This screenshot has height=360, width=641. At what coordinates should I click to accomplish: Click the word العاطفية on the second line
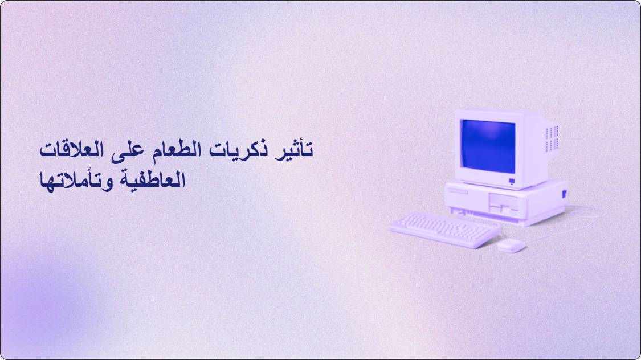(152, 180)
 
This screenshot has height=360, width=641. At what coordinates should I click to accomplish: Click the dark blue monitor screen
(488, 146)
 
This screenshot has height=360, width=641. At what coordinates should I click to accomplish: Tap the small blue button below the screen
(512, 181)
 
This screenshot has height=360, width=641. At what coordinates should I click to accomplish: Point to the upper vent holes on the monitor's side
(552, 132)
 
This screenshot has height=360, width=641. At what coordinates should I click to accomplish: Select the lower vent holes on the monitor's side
(552, 145)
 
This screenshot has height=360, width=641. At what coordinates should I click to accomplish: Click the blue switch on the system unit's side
(565, 194)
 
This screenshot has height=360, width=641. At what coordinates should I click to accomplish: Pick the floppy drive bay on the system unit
(504, 203)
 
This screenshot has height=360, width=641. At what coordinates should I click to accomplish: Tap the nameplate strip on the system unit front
(458, 191)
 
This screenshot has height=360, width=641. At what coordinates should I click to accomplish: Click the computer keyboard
(444, 230)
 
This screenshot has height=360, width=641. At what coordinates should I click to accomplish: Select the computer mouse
(511, 246)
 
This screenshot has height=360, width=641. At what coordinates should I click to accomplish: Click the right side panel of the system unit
(546, 201)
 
